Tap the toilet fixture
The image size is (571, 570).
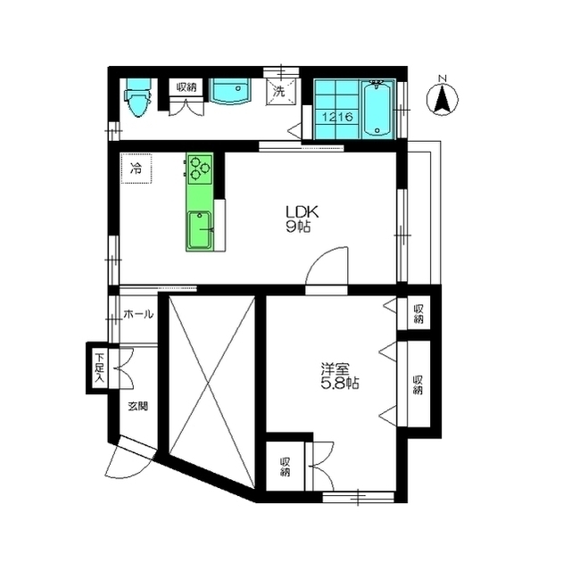[137, 97]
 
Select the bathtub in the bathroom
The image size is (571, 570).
[377, 109]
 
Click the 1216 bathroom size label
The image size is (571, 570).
[337, 117]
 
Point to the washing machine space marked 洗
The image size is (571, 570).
[279, 91]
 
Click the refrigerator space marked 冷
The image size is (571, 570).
[137, 169]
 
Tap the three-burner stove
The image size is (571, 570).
[200, 169]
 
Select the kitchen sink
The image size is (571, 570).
[199, 229]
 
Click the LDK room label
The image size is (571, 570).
[302, 211]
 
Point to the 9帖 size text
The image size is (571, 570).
[299, 227]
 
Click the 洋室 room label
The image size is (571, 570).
[335, 369]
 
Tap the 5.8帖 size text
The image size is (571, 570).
[340, 384]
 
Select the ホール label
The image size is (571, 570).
[138, 314]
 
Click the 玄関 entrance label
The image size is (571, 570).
[138, 406]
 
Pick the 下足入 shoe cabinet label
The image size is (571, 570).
[99, 368]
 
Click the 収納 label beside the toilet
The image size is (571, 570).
[186, 87]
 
